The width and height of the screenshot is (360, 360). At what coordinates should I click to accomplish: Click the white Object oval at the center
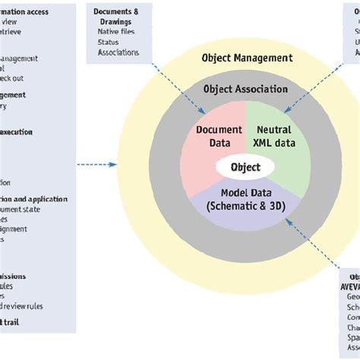click(x=245, y=167)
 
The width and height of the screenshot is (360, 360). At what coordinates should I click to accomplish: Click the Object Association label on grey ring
click(x=245, y=89)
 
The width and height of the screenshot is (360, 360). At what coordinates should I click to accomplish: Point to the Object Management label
click(x=246, y=58)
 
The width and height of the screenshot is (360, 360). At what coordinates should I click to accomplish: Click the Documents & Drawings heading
click(x=115, y=17)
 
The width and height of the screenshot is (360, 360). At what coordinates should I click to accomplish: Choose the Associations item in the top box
click(x=118, y=52)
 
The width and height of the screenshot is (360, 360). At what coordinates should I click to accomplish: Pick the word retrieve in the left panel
click(x=14, y=22)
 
